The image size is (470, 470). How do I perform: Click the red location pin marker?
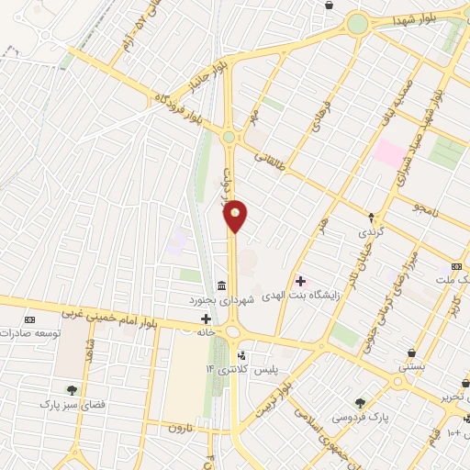(x=236, y=215)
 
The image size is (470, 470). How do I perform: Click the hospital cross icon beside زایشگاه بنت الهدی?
(x=300, y=280)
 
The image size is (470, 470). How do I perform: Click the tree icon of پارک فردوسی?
(x=360, y=401)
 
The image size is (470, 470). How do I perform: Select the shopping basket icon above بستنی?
(x=410, y=352)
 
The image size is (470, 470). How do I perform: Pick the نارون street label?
(x=178, y=429)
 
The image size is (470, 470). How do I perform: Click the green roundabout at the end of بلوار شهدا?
(x=357, y=23)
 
